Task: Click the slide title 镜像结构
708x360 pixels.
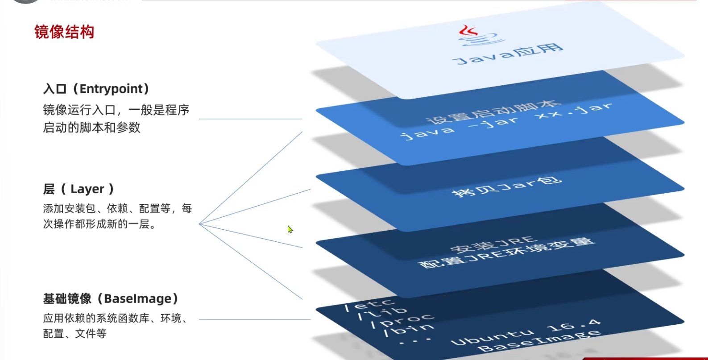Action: pyautogui.click(x=64, y=32)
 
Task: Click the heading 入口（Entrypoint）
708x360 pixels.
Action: pyautogui.click(x=96, y=89)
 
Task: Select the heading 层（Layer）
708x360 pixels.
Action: pyautogui.click(x=79, y=189)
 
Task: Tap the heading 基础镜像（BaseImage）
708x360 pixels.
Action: pyautogui.click(x=111, y=298)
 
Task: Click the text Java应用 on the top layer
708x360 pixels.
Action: pyautogui.click(x=508, y=54)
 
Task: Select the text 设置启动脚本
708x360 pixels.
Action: pyautogui.click(x=493, y=112)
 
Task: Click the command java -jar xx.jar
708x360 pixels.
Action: pyautogui.click(x=507, y=122)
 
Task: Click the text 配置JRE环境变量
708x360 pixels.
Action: pyautogui.click(x=507, y=253)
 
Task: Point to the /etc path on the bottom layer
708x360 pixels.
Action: pyautogui.click(x=369, y=304)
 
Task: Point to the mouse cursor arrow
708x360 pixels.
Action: pyautogui.click(x=290, y=229)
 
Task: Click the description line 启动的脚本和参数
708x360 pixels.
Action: pyautogui.click(x=92, y=128)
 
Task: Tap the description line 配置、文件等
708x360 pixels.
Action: pyautogui.click(x=75, y=333)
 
